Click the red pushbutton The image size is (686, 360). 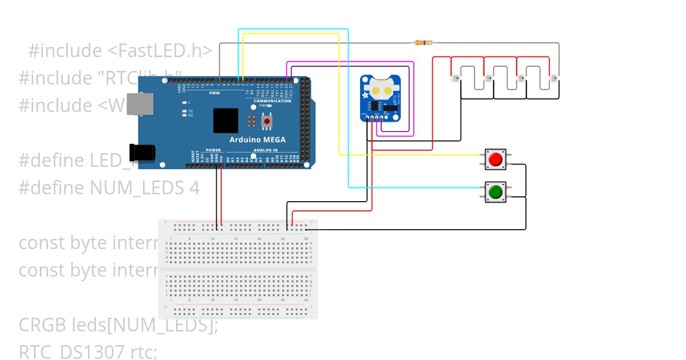click(x=495, y=159)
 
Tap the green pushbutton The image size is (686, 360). click(x=495, y=191)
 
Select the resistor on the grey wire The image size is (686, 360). click(x=424, y=42)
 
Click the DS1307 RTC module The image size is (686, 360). click(x=380, y=98)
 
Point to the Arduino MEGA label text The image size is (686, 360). click(x=257, y=140)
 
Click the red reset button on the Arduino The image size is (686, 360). click(x=266, y=121)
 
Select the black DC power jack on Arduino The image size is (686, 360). click(x=142, y=153)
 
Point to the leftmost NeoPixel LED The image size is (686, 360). click(x=456, y=78)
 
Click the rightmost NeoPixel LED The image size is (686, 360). click(x=553, y=78)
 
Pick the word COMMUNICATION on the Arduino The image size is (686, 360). click(x=272, y=101)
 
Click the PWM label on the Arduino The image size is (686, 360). click(x=214, y=93)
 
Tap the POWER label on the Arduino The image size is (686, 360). click(x=213, y=150)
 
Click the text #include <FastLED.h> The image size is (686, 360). click(x=120, y=51)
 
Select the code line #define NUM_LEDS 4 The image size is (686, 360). click(x=109, y=187)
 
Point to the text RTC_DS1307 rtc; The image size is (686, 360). click(x=87, y=351)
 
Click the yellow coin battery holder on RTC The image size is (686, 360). click(x=380, y=89)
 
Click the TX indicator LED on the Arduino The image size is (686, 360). click(x=184, y=111)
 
